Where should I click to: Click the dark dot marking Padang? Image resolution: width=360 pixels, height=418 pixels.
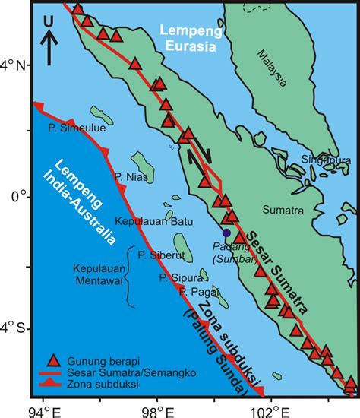click(226, 233)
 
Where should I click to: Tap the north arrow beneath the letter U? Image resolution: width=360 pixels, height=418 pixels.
click(48, 46)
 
